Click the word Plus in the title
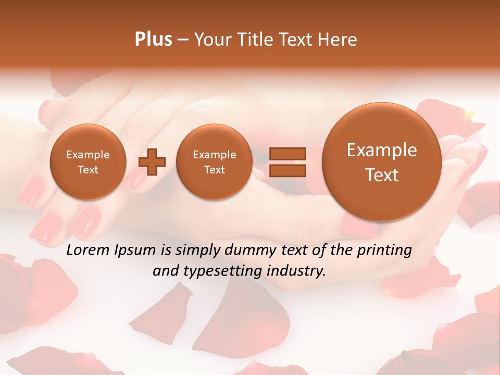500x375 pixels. click(x=154, y=40)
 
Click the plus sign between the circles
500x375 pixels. click(x=152, y=162)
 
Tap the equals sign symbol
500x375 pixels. click(x=287, y=162)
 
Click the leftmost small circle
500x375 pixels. click(x=87, y=162)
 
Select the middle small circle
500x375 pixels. click(x=214, y=162)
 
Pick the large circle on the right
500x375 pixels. click(x=382, y=162)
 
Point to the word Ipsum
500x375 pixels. click(x=136, y=250)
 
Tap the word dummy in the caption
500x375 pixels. click(x=251, y=250)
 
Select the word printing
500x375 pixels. click(x=384, y=250)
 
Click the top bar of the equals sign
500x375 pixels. click(x=287, y=154)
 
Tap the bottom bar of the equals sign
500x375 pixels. click(x=287, y=170)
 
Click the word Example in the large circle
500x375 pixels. click(x=382, y=150)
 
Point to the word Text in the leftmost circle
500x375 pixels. click(x=87, y=170)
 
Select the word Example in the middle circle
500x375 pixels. click(x=214, y=155)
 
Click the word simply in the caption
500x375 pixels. click(x=193, y=250)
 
